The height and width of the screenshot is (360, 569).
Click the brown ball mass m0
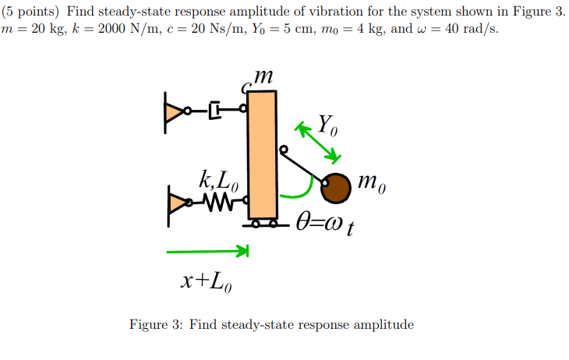tap(335, 188)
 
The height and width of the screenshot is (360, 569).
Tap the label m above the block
tap(263, 76)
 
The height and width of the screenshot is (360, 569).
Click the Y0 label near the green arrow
tap(329, 124)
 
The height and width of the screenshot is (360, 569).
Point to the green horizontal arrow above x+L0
tap(207, 251)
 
